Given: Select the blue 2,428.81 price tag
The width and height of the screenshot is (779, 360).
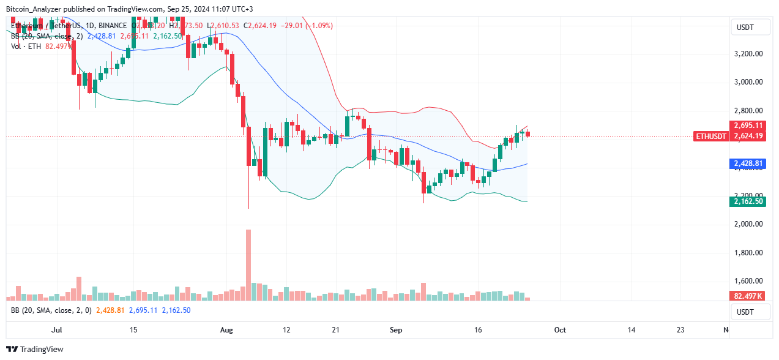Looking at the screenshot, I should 748,164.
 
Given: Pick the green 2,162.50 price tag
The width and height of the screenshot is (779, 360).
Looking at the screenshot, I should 748,201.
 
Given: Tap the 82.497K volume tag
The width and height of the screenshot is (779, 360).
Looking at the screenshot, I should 748,296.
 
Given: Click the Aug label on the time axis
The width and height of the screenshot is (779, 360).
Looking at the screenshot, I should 226,330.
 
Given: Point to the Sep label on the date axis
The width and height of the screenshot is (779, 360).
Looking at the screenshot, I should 396,330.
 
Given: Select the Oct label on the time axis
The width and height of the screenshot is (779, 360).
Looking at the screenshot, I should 560,330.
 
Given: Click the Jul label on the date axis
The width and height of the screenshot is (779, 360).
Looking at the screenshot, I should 57,330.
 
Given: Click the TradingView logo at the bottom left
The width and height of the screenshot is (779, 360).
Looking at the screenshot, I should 38,349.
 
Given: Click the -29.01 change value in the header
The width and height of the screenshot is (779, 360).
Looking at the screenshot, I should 279,26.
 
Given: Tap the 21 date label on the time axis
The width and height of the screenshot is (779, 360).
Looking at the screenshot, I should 335,330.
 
